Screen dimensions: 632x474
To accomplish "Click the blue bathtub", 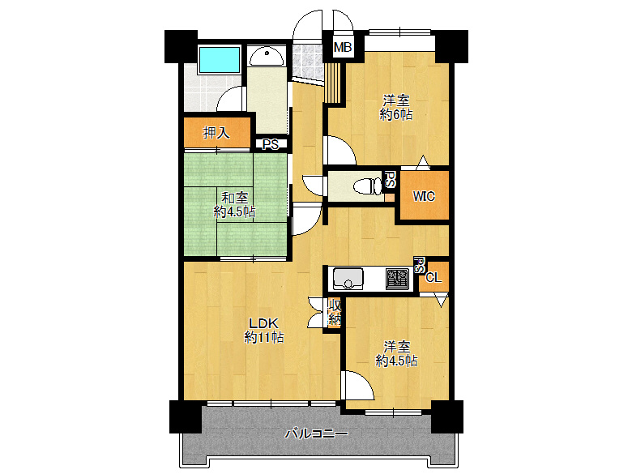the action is (220, 60).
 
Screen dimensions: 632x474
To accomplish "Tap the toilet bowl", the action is (367, 186).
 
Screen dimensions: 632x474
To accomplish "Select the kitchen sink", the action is (348, 279).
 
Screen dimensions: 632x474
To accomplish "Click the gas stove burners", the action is (397, 279).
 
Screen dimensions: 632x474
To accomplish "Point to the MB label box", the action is (343, 48).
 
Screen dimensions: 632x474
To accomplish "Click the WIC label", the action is (424, 196).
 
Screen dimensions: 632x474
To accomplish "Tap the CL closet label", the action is (433, 277).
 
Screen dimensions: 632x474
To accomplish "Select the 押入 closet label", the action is (216, 132).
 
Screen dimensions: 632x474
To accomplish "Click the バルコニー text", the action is (316, 433).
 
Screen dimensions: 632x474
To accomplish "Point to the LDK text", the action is (263, 322).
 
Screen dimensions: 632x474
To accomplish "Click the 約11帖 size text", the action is (264, 337).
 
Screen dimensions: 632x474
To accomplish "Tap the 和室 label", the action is (235, 198).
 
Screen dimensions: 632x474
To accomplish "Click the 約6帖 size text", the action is (396, 114).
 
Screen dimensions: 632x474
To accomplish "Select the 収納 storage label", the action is (335, 313).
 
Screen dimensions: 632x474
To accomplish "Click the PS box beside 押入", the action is (271, 144).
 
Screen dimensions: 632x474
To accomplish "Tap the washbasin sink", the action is (267, 58).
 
